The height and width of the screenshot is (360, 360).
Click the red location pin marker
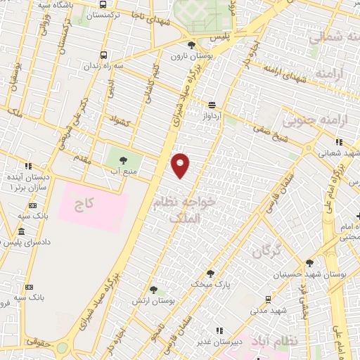[x=181, y=165]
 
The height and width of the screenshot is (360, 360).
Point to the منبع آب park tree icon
[x=123, y=161]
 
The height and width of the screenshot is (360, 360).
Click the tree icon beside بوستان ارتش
[x=153, y=290]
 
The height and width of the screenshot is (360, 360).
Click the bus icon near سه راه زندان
[x=104, y=55]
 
